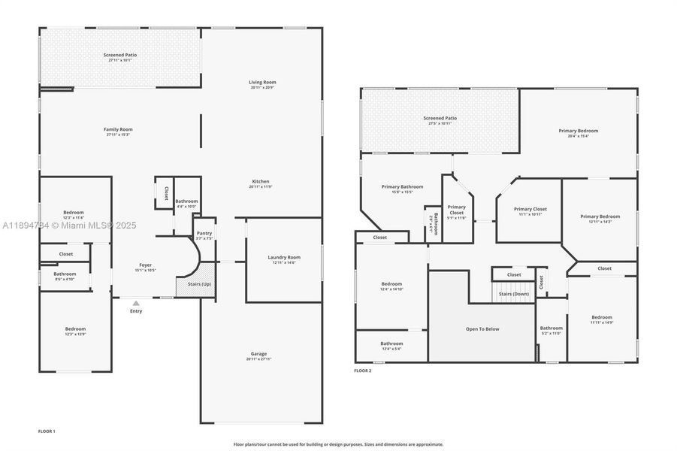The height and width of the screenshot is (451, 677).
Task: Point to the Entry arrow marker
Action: [x=136, y=303]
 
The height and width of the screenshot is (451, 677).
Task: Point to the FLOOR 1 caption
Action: [x=47, y=431]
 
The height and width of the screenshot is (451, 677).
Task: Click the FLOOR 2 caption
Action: [x=363, y=370]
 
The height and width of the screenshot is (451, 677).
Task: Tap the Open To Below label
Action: [x=482, y=328]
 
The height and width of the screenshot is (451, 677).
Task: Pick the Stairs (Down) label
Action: [x=514, y=294]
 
